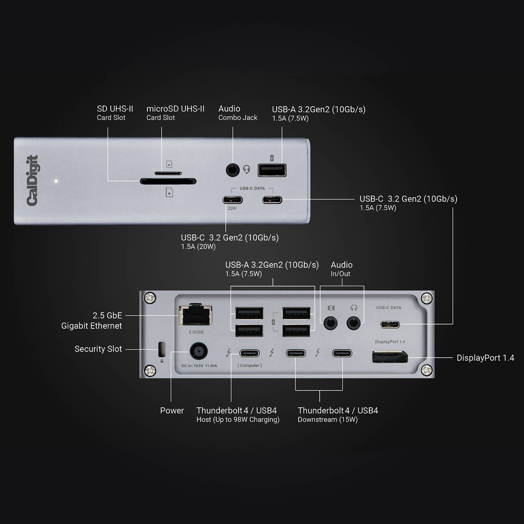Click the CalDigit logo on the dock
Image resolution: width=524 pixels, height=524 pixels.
click(32, 180)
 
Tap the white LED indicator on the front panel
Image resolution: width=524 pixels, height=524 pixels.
click(56, 181)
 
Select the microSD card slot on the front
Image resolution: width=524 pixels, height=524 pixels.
click(168, 173)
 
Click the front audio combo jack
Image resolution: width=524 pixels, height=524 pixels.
click(232, 170)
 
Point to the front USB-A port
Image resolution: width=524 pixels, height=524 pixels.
click(272, 170)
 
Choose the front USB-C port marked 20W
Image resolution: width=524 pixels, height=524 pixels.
click(233, 200)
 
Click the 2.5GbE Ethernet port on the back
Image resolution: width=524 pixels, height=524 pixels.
click(196, 315)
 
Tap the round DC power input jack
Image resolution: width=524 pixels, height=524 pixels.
click(198, 351)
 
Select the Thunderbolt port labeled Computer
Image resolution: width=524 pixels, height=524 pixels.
click(249, 353)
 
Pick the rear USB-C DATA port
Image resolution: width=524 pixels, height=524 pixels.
click(390, 325)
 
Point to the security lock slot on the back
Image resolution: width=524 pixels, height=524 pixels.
click(162, 348)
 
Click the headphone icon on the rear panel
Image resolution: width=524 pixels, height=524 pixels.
click(354, 308)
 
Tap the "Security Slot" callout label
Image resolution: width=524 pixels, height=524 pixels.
click(98, 349)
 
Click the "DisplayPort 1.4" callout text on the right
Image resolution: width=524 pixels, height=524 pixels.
click(485, 358)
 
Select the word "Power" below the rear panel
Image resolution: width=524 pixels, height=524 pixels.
click(172, 410)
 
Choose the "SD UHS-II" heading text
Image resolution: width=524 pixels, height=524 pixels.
click(115, 109)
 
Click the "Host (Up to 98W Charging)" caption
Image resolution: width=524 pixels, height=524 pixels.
click(238, 420)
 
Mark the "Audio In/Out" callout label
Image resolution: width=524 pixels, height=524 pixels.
click(341, 269)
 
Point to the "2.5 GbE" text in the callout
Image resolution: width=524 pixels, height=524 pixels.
click(107, 315)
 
